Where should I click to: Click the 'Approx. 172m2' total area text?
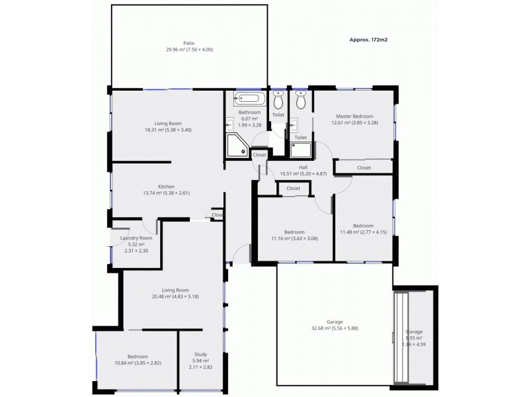[368, 40]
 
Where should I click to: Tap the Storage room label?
[414, 331]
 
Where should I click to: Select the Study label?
[200, 355]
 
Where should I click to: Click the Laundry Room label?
[136, 238]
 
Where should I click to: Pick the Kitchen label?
[166, 187]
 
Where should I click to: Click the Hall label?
[303, 167]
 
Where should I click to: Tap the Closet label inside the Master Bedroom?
[364, 168]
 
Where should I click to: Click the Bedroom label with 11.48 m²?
[362, 226]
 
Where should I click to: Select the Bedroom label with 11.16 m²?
[294, 232]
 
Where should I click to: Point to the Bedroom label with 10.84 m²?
[138, 357]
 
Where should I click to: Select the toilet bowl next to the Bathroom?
[278, 101]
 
